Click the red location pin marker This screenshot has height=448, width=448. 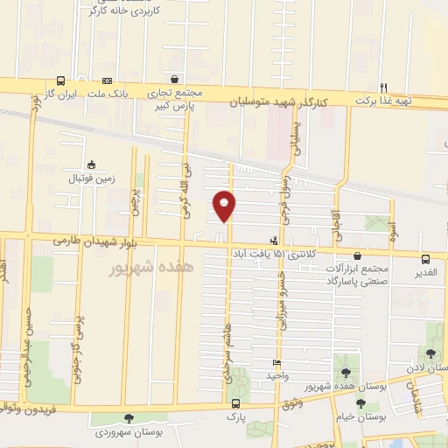click(x=225, y=205)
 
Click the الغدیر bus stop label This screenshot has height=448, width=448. click(x=426, y=272)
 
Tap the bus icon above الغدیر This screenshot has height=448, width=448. click(x=426, y=259)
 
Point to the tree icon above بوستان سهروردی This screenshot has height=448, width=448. click(x=129, y=419)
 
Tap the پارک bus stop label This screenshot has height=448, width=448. click(x=235, y=417)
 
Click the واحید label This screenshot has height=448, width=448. click(x=277, y=374)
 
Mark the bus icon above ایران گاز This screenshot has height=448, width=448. click(x=60, y=80)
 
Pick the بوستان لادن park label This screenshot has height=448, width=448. click(x=432, y=368)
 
